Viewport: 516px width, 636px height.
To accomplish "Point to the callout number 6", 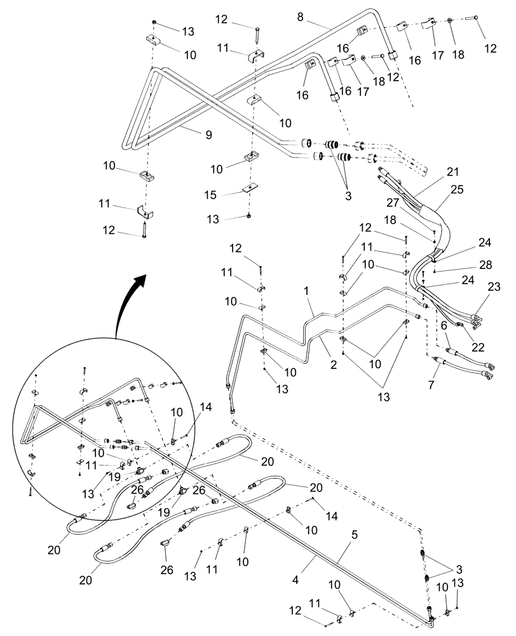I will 445,324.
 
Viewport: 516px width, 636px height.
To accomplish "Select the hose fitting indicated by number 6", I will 452,351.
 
